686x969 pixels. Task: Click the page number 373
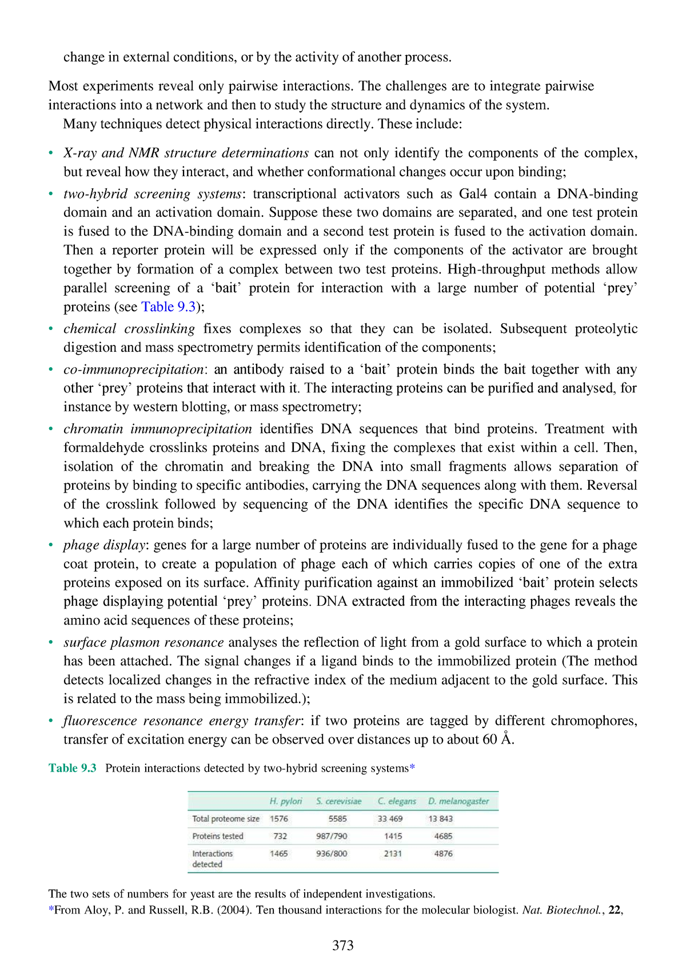coord(342,945)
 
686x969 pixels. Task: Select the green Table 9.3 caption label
coord(73,768)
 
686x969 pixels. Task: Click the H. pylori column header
coord(286,801)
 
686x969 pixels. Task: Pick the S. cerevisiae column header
coord(338,801)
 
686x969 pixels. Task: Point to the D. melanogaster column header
coord(458,801)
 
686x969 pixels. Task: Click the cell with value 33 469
coord(390,819)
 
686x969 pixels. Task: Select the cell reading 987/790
coord(332,836)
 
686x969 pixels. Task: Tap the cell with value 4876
coord(443,853)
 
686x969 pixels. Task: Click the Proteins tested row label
coord(218,836)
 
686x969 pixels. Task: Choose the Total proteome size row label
coord(226,819)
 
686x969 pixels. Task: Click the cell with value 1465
coord(279,853)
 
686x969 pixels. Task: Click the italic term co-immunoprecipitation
coord(134,369)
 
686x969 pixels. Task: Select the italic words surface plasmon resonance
coord(143,642)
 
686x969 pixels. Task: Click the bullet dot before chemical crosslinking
coord(51,328)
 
